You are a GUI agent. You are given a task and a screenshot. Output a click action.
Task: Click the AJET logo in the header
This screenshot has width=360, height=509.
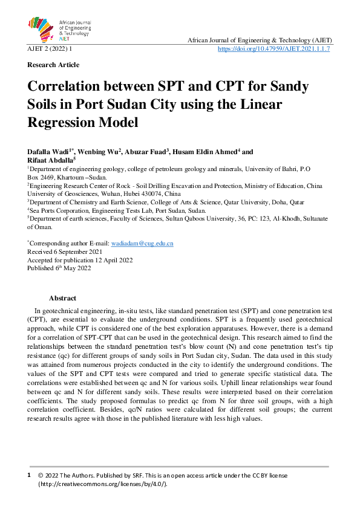[59, 28]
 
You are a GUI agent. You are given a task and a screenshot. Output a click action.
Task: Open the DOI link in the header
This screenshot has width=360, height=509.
[273, 48]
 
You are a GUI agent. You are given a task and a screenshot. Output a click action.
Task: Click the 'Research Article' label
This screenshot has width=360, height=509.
[53, 65]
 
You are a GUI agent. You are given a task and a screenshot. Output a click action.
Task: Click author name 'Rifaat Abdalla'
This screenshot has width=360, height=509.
[50, 160]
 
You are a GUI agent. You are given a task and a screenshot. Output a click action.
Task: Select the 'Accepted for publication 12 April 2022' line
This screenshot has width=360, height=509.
[80, 260]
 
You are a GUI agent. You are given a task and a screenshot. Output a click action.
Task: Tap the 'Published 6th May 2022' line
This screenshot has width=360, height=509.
[59, 268]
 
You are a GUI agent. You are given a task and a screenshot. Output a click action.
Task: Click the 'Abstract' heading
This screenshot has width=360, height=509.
[62, 298]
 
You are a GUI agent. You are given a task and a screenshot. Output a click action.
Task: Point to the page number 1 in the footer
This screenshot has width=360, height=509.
[29, 476]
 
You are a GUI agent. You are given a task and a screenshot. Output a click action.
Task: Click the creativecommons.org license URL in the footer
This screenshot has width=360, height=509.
[102, 484]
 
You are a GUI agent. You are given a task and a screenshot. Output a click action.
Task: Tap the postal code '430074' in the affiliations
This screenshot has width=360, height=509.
[154, 193]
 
